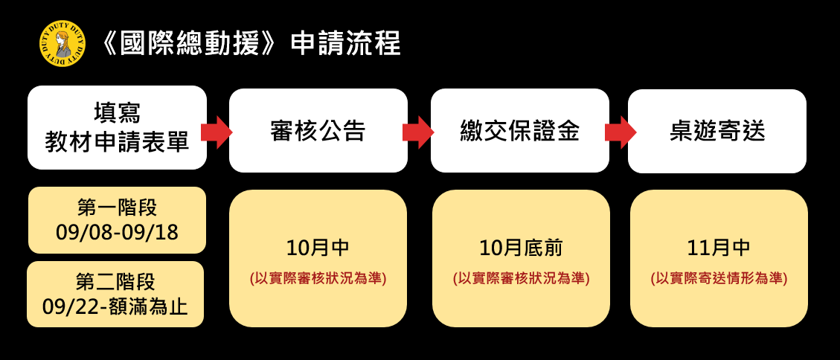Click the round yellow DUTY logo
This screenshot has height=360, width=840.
(x=62, y=43)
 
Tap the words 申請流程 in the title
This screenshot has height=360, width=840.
(x=345, y=43)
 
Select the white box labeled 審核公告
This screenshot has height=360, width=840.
(x=318, y=131)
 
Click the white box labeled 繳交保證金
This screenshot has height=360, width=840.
(x=519, y=131)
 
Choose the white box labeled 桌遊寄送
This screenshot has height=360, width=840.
(x=717, y=131)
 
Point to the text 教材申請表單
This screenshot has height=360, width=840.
(x=117, y=142)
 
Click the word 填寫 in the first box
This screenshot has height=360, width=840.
(x=118, y=113)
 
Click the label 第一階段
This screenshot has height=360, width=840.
(x=118, y=208)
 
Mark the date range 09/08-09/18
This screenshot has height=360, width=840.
(x=118, y=233)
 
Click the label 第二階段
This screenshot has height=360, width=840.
(x=116, y=281)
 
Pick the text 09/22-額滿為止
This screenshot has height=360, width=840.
(x=116, y=306)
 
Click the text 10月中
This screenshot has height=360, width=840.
(x=318, y=248)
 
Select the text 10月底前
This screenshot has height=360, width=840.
(x=522, y=248)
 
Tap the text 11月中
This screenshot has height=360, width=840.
(x=719, y=248)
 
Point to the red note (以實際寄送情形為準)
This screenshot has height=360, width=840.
(x=719, y=279)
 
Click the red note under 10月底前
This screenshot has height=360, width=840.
(x=522, y=279)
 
